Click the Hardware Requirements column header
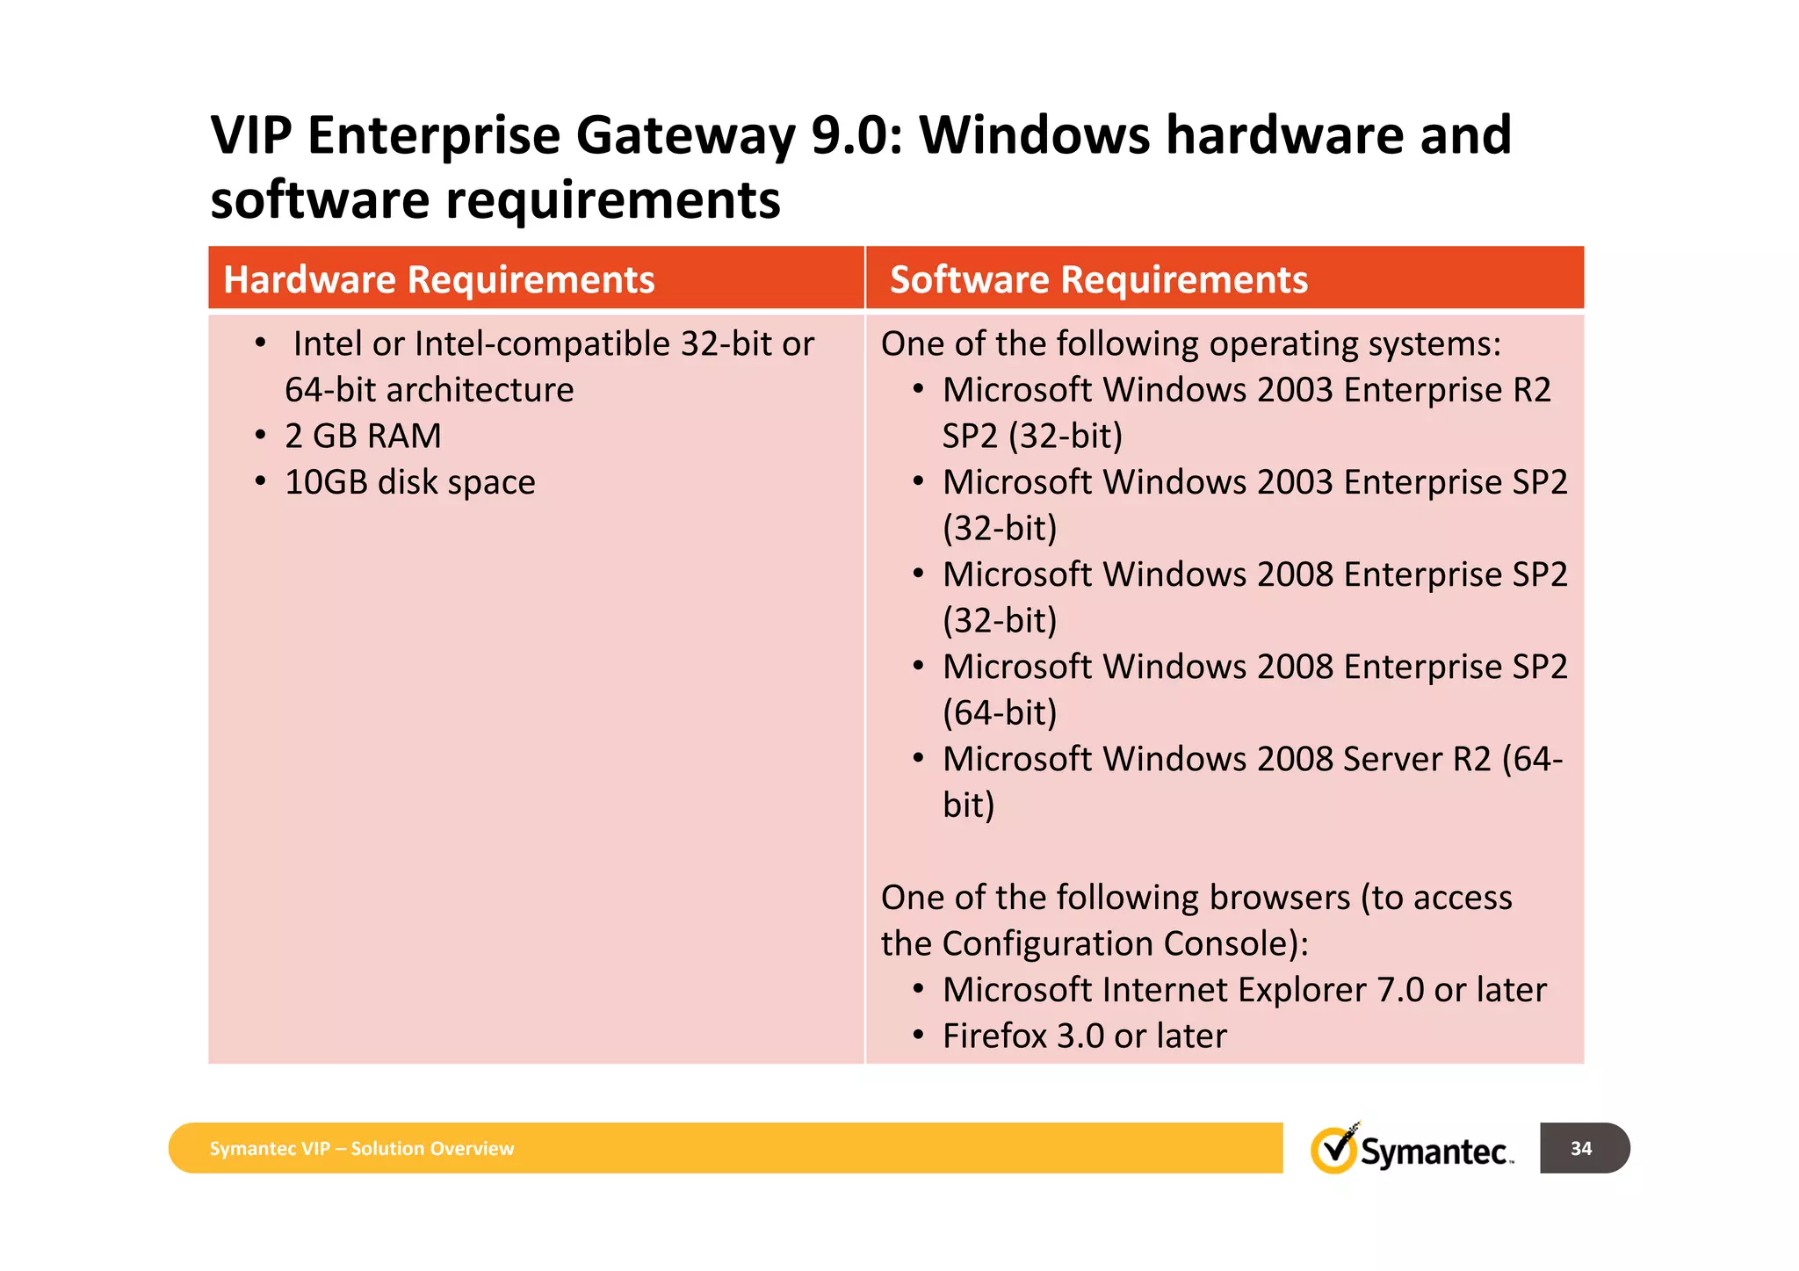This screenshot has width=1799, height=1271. [438, 279]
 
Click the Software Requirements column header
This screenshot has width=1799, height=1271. [1098, 279]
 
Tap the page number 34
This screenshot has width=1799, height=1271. [1581, 1148]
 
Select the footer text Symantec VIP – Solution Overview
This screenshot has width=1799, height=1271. [361, 1149]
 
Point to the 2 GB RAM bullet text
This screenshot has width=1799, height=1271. [363, 436]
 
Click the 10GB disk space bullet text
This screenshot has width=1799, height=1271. [409, 482]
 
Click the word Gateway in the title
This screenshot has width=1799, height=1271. [685, 135]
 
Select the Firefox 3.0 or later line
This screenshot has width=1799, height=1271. [1084, 1036]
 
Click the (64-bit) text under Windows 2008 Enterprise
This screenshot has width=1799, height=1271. [1000, 712]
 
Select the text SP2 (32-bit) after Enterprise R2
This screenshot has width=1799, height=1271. [1032, 436]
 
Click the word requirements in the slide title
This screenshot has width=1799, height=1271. [612, 199]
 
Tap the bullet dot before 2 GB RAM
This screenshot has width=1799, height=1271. [260, 435]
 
